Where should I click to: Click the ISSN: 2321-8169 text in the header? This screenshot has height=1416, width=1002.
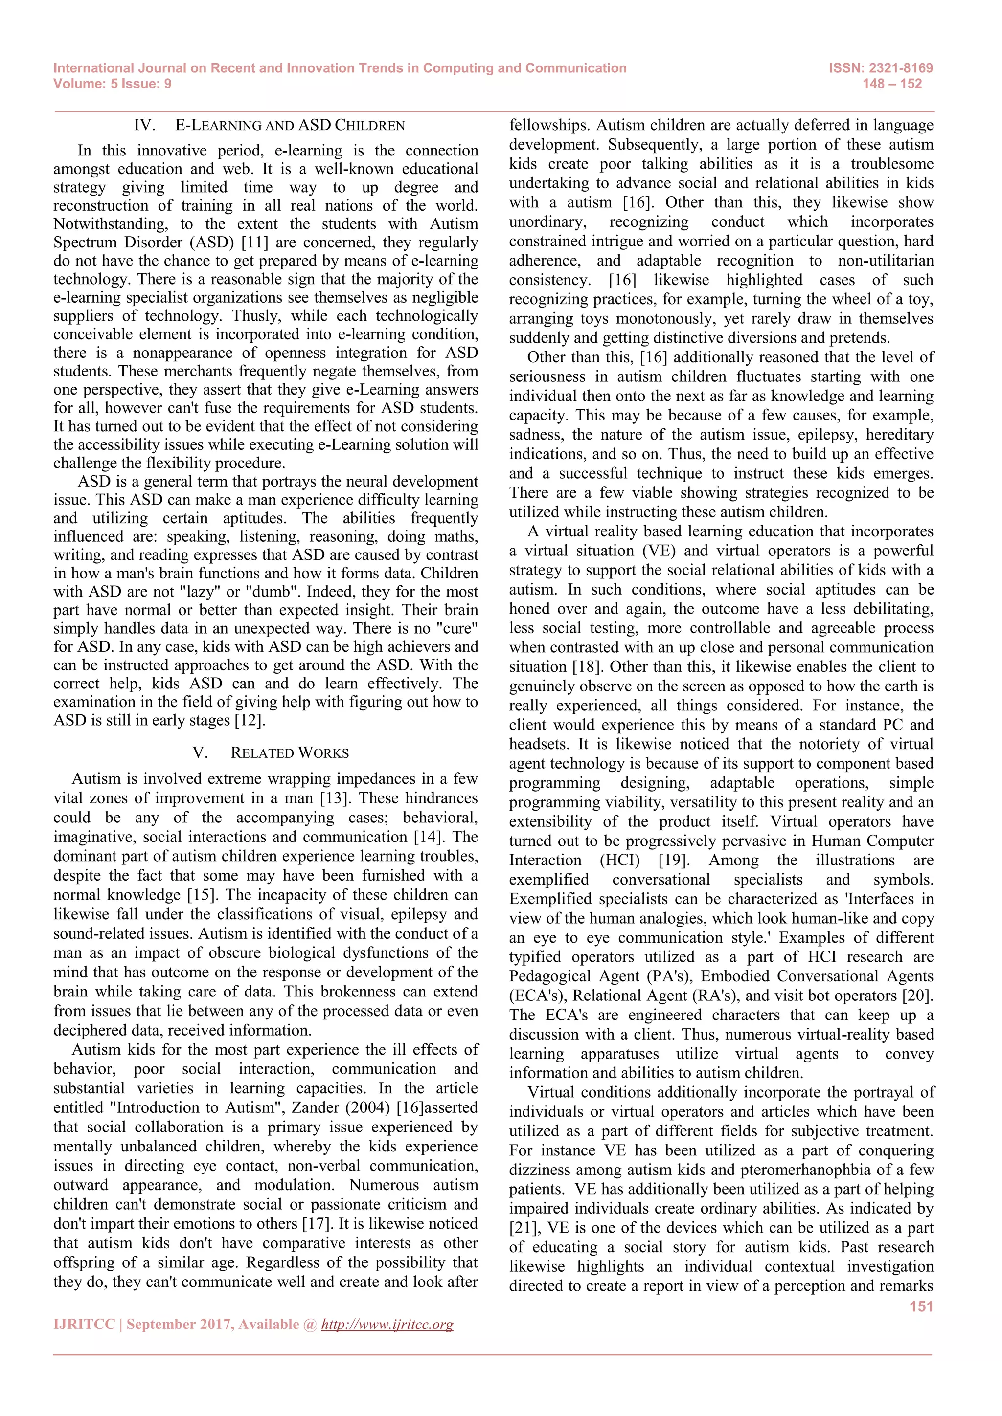(x=881, y=68)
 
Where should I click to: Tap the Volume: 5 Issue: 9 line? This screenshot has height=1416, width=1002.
(x=113, y=84)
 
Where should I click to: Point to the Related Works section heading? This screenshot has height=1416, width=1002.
(x=289, y=753)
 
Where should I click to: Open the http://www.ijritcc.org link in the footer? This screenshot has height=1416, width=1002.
(x=387, y=1325)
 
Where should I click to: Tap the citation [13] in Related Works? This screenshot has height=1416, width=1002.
(x=335, y=798)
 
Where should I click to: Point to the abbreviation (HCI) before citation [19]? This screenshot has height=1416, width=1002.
(x=619, y=861)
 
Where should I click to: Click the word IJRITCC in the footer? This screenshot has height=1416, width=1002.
(x=84, y=1325)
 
